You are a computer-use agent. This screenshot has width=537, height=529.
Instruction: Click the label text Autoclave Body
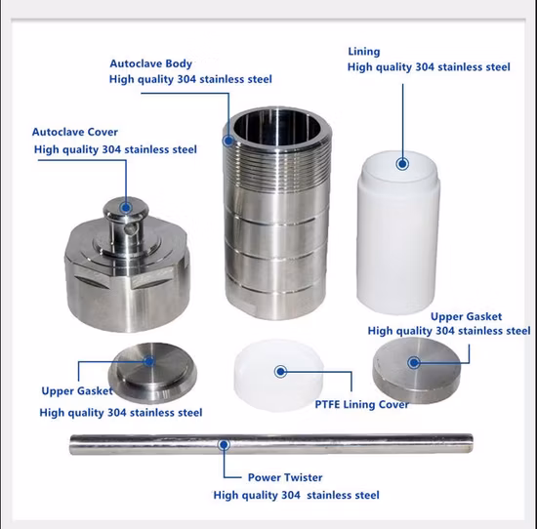click(x=150, y=63)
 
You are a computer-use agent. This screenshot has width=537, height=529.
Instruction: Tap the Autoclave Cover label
click(x=75, y=132)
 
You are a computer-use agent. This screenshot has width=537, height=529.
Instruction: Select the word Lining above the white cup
click(x=364, y=52)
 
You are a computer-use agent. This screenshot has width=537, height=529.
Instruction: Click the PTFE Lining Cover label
click(x=361, y=404)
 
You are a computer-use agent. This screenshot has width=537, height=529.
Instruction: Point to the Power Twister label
click(x=285, y=477)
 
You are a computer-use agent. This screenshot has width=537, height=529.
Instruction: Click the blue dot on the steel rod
click(x=224, y=445)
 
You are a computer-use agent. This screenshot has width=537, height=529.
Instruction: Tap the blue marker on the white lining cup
click(x=402, y=164)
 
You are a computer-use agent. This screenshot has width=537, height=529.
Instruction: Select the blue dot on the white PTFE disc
click(x=281, y=371)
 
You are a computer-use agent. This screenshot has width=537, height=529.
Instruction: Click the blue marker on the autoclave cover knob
click(x=126, y=208)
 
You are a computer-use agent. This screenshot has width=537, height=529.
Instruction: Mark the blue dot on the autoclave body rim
click(x=228, y=140)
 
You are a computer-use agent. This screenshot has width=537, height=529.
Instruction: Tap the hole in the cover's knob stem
click(x=130, y=229)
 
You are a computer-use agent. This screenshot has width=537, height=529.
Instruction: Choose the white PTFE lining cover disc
click(x=279, y=375)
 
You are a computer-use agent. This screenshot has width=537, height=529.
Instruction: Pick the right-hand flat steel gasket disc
click(x=417, y=370)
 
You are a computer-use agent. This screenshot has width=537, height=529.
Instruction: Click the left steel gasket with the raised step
click(x=152, y=373)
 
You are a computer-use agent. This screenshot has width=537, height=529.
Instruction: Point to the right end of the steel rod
click(x=473, y=443)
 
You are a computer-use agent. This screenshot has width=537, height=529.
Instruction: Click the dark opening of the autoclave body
click(x=277, y=128)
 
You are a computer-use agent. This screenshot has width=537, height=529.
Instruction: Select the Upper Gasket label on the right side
click(x=466, y=316)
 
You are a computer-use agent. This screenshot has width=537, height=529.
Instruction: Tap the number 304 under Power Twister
click(x=291, y=495)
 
